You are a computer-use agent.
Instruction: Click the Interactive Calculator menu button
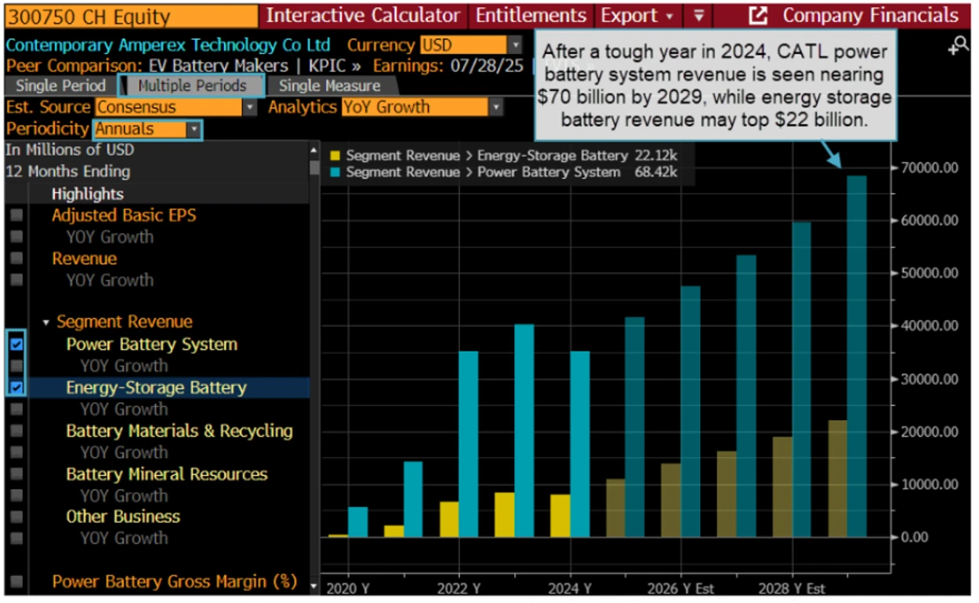click(x=363, y=16)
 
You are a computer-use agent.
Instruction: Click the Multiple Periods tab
click(x=192, y=85)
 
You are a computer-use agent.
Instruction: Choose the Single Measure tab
click(x=329, y=85)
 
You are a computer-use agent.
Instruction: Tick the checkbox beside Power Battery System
click(x=16, y=344)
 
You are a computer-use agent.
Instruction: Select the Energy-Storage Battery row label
click(x=156, y=387)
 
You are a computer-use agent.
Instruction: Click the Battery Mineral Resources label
click(x=166, y=474)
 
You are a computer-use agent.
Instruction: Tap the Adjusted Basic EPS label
click(x=124, y=215)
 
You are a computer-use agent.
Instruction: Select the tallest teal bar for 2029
click(x=857, y=357)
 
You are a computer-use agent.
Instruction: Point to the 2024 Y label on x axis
click(x=570, y=588)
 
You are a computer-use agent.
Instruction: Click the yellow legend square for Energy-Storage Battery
click(x=335, y=156)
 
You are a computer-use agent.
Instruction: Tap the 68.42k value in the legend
click(x=659, y=172)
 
